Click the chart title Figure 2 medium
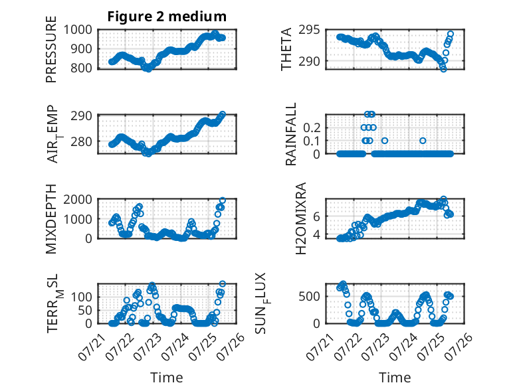click(x=167, y=17)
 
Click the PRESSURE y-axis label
click(x=51, y=49)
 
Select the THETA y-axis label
click(x=286, y=49)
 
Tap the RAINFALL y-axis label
click(x=291, y=134)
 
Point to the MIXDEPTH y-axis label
click(x=51, y=219)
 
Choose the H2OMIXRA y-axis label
click(x=301, y=218)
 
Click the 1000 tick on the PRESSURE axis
click(x=78, y=30)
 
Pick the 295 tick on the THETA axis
click(x=309, y=30)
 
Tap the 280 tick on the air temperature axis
click(x=82, y=141)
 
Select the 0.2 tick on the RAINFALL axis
click(x=312, y=127)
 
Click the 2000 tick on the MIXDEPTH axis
click(x=78, y=199)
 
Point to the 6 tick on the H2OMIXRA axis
click(x=316, y=216)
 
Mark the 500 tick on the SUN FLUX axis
click(x=309, y=297)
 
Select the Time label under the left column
click(x=167, y=377)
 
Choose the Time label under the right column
click(x=395, y=377)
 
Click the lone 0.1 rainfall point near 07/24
click(x=423, y=141)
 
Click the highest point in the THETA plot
click(x=451, y=34)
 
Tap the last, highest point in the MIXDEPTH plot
click(x=223, y=200)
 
